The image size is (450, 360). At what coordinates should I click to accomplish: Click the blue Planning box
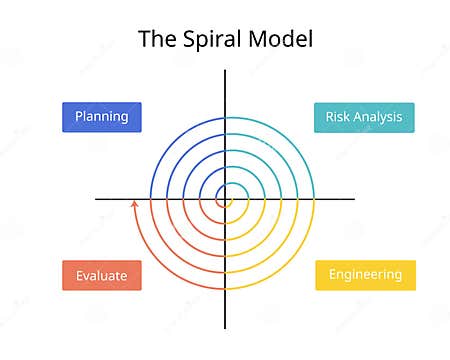point(102,117)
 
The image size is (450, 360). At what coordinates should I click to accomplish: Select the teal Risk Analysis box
point(350,117)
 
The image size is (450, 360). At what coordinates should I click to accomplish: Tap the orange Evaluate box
point(102,275)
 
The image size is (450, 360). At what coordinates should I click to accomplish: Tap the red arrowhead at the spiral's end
point(135,204)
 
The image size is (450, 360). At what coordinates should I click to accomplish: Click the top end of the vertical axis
point(225,71)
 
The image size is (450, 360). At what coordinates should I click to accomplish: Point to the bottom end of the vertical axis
point(225,327)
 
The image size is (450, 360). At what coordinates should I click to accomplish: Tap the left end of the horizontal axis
point(97,199)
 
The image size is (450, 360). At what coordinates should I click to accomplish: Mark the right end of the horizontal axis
point(355,199)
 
